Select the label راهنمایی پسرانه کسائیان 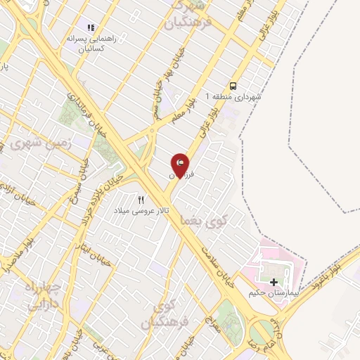pyautogui.click(x=85, y=43)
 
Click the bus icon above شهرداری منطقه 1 pyautogui.click(x=233, y=86)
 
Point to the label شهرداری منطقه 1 pyautogui.click(x=232, y=96)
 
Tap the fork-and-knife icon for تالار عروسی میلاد pyautogui.click(x=141, y=200)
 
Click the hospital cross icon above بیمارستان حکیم pyautogui.click(x=274, y=281)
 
